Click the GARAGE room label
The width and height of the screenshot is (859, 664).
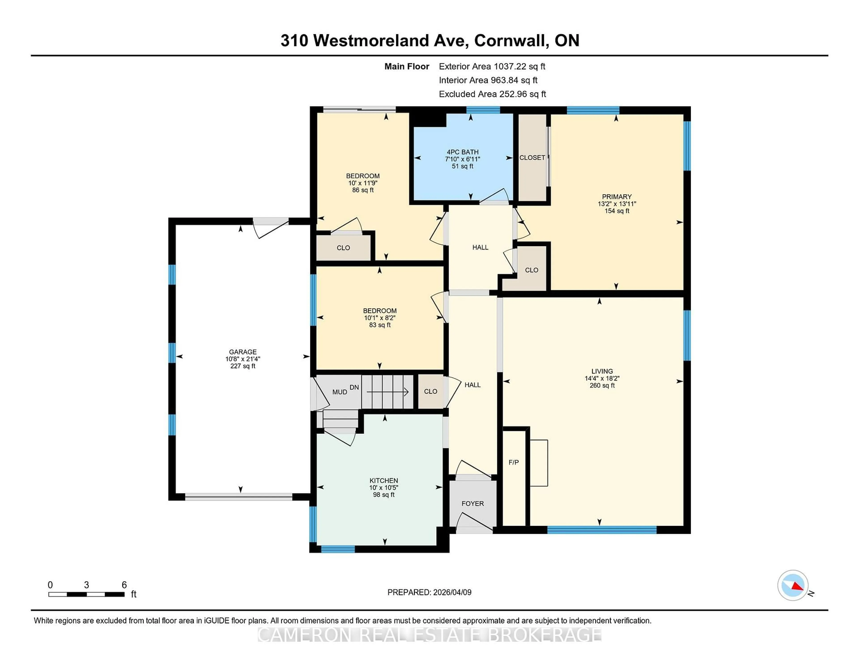243,352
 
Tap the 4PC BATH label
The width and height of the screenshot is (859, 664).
463,152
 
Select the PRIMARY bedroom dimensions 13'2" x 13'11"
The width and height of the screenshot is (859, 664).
617,204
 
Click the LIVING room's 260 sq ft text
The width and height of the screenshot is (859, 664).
602,385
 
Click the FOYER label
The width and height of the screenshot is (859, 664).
472,504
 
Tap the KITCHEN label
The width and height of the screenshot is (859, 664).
383,480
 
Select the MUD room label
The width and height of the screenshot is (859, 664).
339,392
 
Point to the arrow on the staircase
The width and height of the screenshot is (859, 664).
387,392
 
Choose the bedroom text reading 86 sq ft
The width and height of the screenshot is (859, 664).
363,190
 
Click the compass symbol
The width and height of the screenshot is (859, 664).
793,585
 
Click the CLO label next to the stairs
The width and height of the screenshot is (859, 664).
430,392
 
